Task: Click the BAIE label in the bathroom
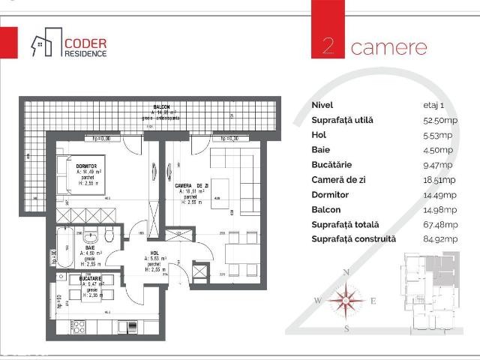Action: tap(91, 247)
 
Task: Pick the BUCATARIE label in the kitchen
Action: tap(91, 278)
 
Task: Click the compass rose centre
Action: tap(346, 301)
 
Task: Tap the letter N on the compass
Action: tap(346, 272)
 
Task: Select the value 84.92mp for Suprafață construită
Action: tap(440, 239)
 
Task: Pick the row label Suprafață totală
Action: tap(345, 224)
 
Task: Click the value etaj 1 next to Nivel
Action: tap(434, 105)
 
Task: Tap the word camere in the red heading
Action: tap(388, 47)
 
